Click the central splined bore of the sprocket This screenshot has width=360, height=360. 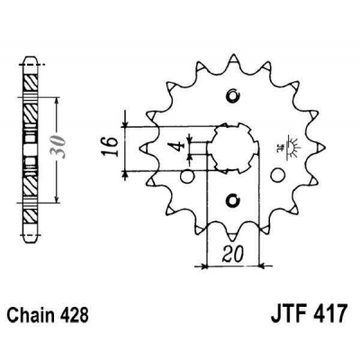pyautogui.click(x=231, y=148)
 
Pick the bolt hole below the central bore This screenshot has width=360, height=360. pyautogui.click(x=231, y=199)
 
